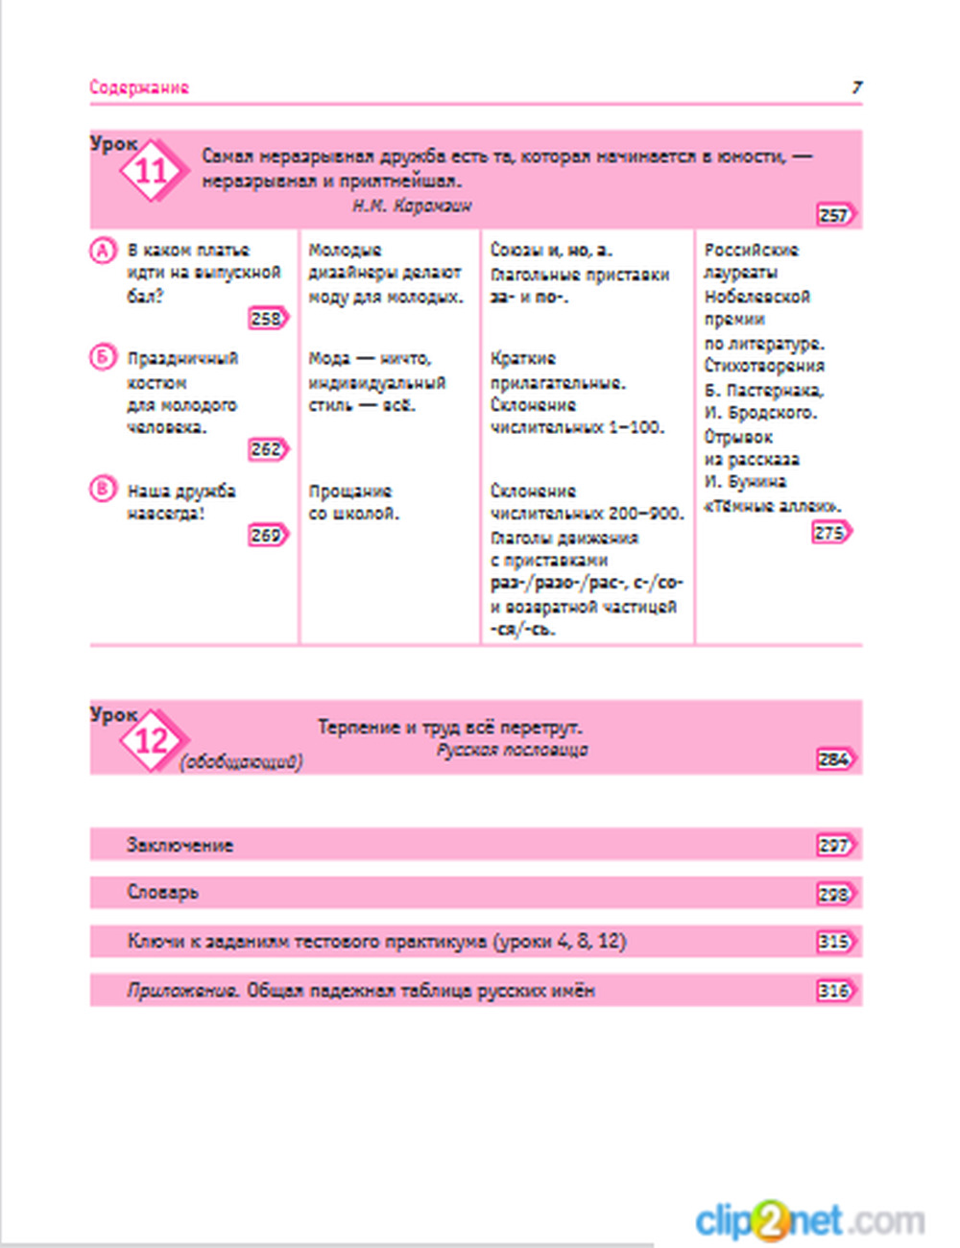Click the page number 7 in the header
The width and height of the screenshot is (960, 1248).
857,87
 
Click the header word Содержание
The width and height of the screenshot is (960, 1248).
139,87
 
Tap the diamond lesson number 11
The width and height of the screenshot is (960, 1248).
151,172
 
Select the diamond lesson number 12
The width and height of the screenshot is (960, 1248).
151,741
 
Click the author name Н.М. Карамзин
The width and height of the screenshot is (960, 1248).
412,206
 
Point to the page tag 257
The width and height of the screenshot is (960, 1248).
834,215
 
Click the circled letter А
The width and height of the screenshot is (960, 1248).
103,251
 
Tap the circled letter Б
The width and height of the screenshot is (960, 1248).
103,358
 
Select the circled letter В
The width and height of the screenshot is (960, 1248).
103,490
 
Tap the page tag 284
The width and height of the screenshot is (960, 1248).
834,759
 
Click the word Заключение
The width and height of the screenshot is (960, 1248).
180,846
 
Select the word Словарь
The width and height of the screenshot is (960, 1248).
163,893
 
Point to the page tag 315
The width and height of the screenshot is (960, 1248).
834,942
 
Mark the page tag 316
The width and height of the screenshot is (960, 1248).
834,991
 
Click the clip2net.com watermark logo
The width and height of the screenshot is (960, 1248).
809,1221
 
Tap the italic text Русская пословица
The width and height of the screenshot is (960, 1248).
513,751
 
